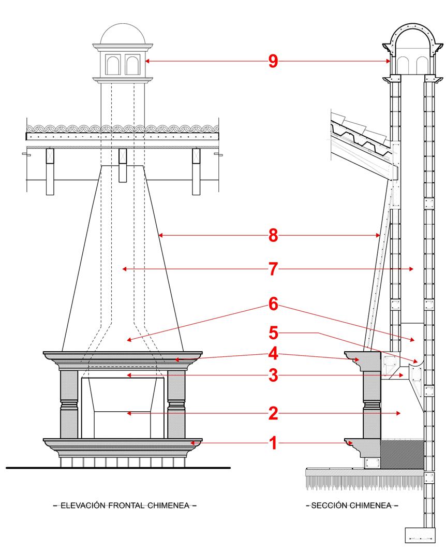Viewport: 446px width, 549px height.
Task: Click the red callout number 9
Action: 273,61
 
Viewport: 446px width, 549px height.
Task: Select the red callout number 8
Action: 273,236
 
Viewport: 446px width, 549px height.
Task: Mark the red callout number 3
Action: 273,375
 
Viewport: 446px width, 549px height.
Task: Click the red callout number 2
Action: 273,413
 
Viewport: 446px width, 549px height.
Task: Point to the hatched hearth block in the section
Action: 403,452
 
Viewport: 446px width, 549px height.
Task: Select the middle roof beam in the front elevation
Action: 123,164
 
